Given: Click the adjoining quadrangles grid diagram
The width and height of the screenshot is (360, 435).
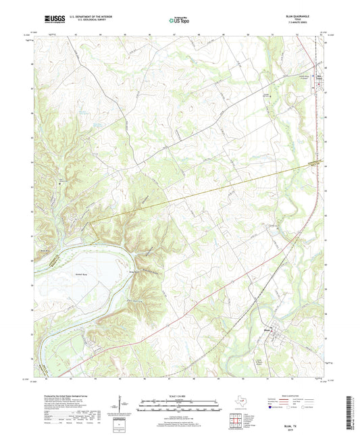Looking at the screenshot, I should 237,420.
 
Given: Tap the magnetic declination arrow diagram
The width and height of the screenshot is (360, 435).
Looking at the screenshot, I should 124,404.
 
